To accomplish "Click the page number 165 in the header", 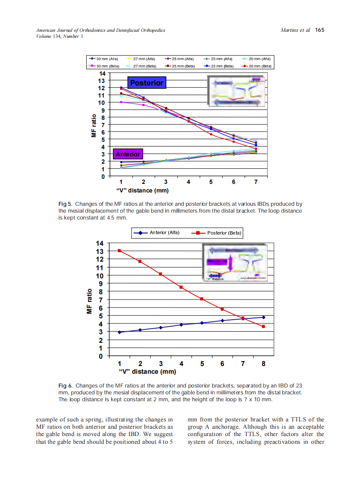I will [x=319, y=30].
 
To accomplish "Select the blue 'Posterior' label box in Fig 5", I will [x=146, y=82].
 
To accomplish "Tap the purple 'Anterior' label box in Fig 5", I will [x=128, y=154].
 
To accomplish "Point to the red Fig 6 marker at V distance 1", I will [x=119, y=250].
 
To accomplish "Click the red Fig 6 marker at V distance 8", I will [x=263, y=326].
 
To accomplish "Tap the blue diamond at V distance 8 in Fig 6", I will [x=263, y=317].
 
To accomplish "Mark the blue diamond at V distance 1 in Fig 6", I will [x=119, y=332].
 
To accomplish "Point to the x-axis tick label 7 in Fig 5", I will [x=256, y=182].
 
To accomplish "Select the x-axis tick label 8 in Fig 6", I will [x=263, y=364].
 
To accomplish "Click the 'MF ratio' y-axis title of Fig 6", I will [x=90, y=301].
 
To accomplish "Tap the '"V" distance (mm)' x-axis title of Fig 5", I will [x=143, y=190].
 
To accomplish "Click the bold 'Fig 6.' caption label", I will [x=65, y=386].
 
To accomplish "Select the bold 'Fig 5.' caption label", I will [x=65, y=204].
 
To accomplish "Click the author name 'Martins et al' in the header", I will [x=295, y=30].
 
